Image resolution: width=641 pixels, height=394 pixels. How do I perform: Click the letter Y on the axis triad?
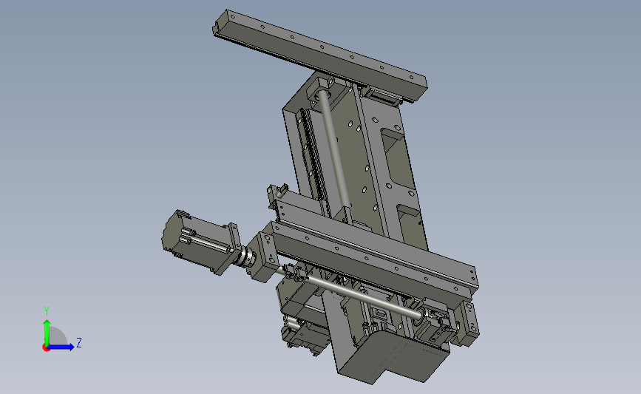pyautogui.click(x=47, y=311)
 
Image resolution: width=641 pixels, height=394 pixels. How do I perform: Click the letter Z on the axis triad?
pyautogui.click(x=79, y=342)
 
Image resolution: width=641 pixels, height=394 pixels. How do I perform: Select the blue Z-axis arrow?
pyautogui.click(x=60, y=347)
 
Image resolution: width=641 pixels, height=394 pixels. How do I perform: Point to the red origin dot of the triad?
pyautogui.click(x=46, y=347)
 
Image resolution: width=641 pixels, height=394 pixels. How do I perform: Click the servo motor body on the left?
pyautogui.click(x=192, y=240)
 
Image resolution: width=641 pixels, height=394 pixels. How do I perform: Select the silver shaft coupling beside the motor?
pyautogui.click(x=247, y=257)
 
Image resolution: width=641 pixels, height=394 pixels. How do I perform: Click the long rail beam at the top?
pyautogui.click(x=319, y=55)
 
